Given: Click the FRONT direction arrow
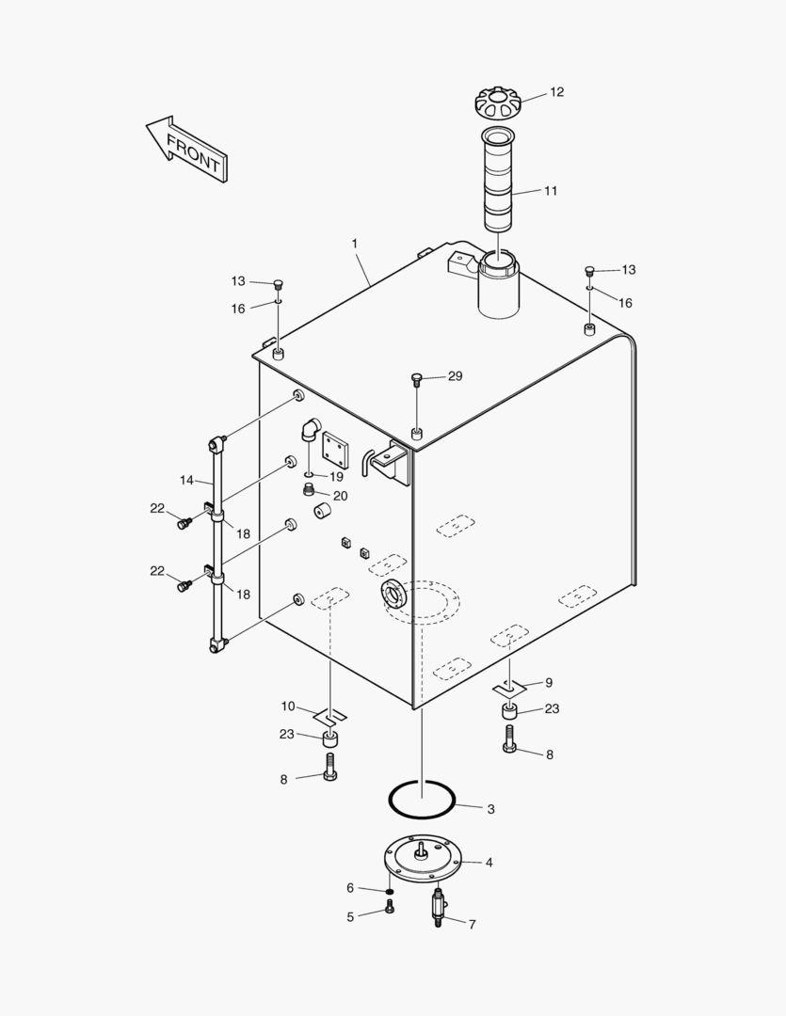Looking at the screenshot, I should [x=185, y=149].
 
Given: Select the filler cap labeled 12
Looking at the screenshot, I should [x=500, y=101].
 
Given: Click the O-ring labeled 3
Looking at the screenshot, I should [x=423, y=800].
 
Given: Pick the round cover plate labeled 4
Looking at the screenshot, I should [x=424, y=860].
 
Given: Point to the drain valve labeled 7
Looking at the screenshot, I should [x=439, y=910].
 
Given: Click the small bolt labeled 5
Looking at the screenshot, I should [x=390, y=907].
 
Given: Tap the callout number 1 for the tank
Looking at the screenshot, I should [x=355, y=244].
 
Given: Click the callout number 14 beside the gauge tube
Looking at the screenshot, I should [x=186, y=481].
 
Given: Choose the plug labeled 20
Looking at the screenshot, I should [x=310, y=490].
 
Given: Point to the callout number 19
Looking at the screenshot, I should [x=337, y=476].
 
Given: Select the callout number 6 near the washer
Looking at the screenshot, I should [x=350, y=887].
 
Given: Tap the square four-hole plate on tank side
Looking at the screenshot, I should [x=335, y=451].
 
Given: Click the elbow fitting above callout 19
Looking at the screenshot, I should [x=310, y=431].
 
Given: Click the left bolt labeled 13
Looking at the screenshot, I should [x=278, y=284].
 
